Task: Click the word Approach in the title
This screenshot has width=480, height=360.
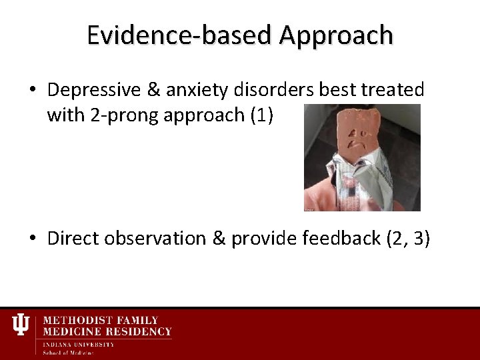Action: coord(336,35)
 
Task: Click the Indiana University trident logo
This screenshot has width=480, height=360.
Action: coord(21,325)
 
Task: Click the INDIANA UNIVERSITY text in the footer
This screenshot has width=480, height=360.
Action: coord(78,344)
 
